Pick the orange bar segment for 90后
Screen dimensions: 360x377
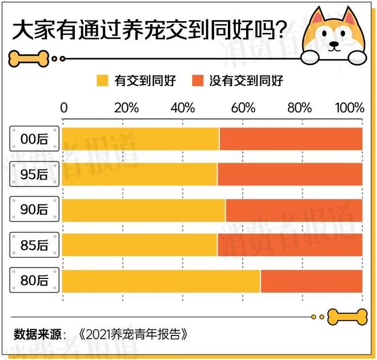point(294,210)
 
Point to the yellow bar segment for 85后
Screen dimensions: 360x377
point(139,245)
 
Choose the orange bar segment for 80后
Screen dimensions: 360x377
point(311,281)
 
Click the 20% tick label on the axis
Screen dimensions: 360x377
point(126,108)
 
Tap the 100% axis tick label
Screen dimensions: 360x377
point(350,108)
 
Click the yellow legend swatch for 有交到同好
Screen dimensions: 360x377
point(103,80)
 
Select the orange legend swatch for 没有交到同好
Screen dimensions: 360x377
point(198,80)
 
